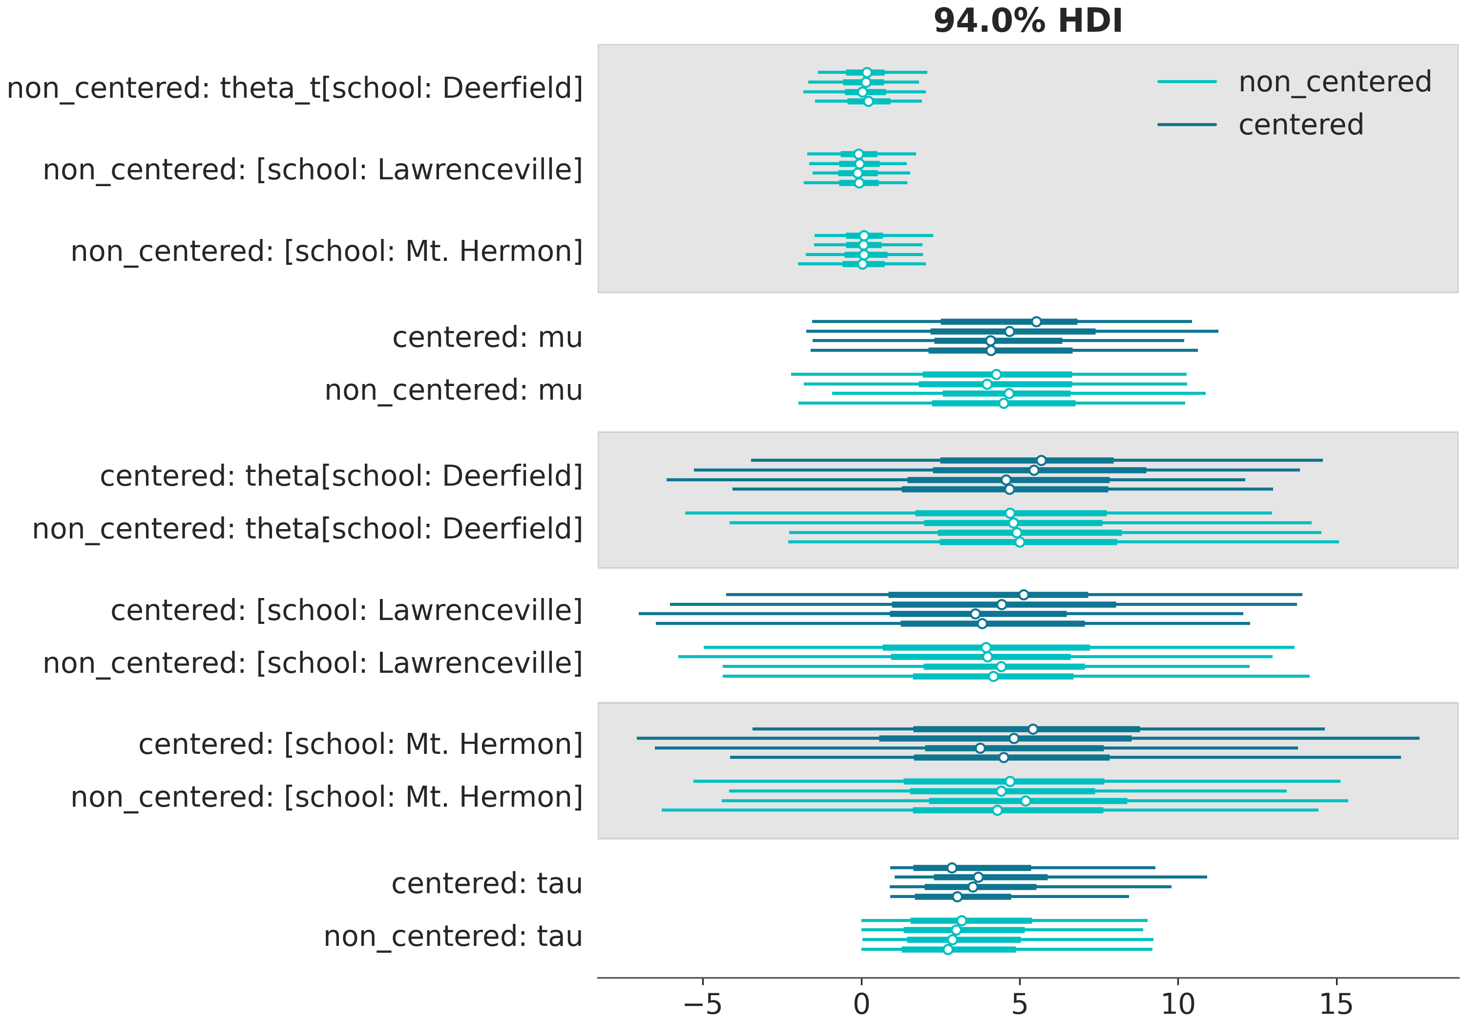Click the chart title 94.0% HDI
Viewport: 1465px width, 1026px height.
(1027, 21)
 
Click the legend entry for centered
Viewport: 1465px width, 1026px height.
(1300, 125)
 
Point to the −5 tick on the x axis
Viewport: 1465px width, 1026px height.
(703, 1005)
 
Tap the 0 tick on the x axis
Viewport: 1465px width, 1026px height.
(861, 1005)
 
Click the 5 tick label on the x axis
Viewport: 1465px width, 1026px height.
(1020, 1005)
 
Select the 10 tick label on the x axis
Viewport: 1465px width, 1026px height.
(1178, 1005)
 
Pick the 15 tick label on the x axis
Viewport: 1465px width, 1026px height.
(1336, 1005)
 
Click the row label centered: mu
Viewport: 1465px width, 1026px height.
(487, 338)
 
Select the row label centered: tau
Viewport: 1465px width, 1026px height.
(486, 884)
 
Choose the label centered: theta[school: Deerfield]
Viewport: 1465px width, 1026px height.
(341, 476)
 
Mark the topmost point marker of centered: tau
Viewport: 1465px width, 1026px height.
(951, 868)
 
